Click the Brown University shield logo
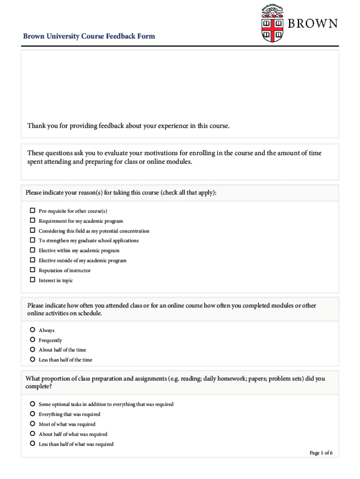click(273, 24)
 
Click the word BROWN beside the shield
click(312, 23)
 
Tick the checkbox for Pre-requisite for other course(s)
click(33, 210)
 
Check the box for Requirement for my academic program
click(33, 220)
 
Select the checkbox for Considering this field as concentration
click(33, 230)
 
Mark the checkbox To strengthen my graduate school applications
click(33, 240)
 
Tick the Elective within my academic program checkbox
click(33, 250)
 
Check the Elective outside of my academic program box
click(33, 260)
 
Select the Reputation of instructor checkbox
click(33, 270)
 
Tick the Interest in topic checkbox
click(33, 280)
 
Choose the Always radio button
click(33, 330)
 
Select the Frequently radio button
click(33, 340)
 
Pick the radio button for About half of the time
click(33, 349)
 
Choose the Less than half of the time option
click(33, 359)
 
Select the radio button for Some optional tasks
click(33, 404)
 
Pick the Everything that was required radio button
click(33, 414)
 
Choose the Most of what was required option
click(33, 424)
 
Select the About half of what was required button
click(33, 434)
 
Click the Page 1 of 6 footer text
click(321, 453)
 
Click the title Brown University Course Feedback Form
click(89, 36)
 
